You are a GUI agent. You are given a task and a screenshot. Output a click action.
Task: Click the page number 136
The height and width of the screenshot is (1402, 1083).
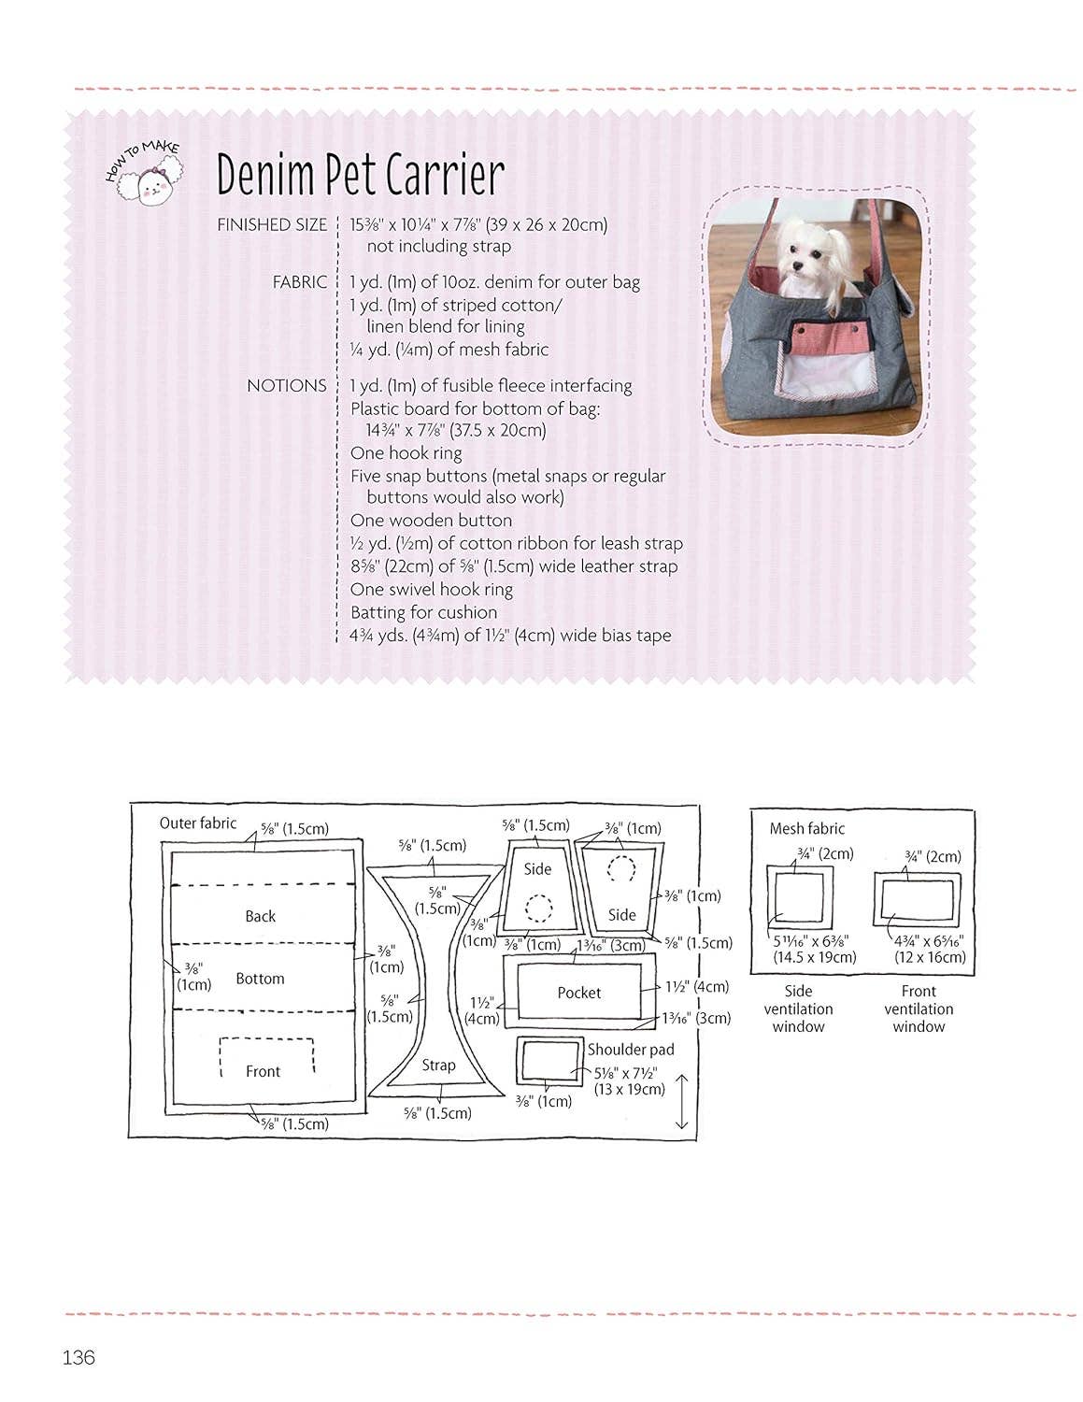tap(78, 1357)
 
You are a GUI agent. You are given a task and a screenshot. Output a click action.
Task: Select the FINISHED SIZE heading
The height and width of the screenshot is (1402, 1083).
tap(272, 224)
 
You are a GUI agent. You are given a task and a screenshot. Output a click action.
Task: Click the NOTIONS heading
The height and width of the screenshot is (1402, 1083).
tap(286, 386)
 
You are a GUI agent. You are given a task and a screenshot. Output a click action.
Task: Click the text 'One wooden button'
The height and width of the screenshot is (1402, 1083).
tap(431, 520)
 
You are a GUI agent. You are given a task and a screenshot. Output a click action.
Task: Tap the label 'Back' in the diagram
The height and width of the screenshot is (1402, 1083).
tap(260, 916)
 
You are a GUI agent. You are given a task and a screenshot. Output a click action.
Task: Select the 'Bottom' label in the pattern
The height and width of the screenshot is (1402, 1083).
tap(260, 979)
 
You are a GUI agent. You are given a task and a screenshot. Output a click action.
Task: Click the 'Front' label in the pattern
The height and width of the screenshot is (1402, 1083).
tap(264, 1072)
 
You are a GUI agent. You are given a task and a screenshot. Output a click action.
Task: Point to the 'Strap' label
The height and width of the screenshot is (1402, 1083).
tap(438, 1066)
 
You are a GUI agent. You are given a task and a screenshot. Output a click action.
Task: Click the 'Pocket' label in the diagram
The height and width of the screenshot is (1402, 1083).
tap(578, 993)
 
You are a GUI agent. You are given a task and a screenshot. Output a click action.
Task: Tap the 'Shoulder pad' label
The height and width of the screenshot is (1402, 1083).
tap(630, 1050)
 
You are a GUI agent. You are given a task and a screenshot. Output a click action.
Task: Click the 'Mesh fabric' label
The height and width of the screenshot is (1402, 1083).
tap(806, 828)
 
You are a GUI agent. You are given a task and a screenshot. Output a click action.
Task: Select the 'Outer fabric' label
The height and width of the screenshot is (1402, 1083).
tap(197, 823)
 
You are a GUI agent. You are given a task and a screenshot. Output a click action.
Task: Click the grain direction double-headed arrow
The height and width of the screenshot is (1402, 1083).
tap(682, 1101)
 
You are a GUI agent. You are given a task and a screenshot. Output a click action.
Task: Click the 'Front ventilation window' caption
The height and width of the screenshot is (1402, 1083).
tap(919, 1009)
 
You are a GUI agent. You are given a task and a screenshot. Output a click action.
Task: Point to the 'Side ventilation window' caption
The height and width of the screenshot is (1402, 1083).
tap(799, 1009)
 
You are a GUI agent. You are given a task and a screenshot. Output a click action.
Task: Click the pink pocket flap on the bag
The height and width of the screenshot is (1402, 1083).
tap(828, 336)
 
